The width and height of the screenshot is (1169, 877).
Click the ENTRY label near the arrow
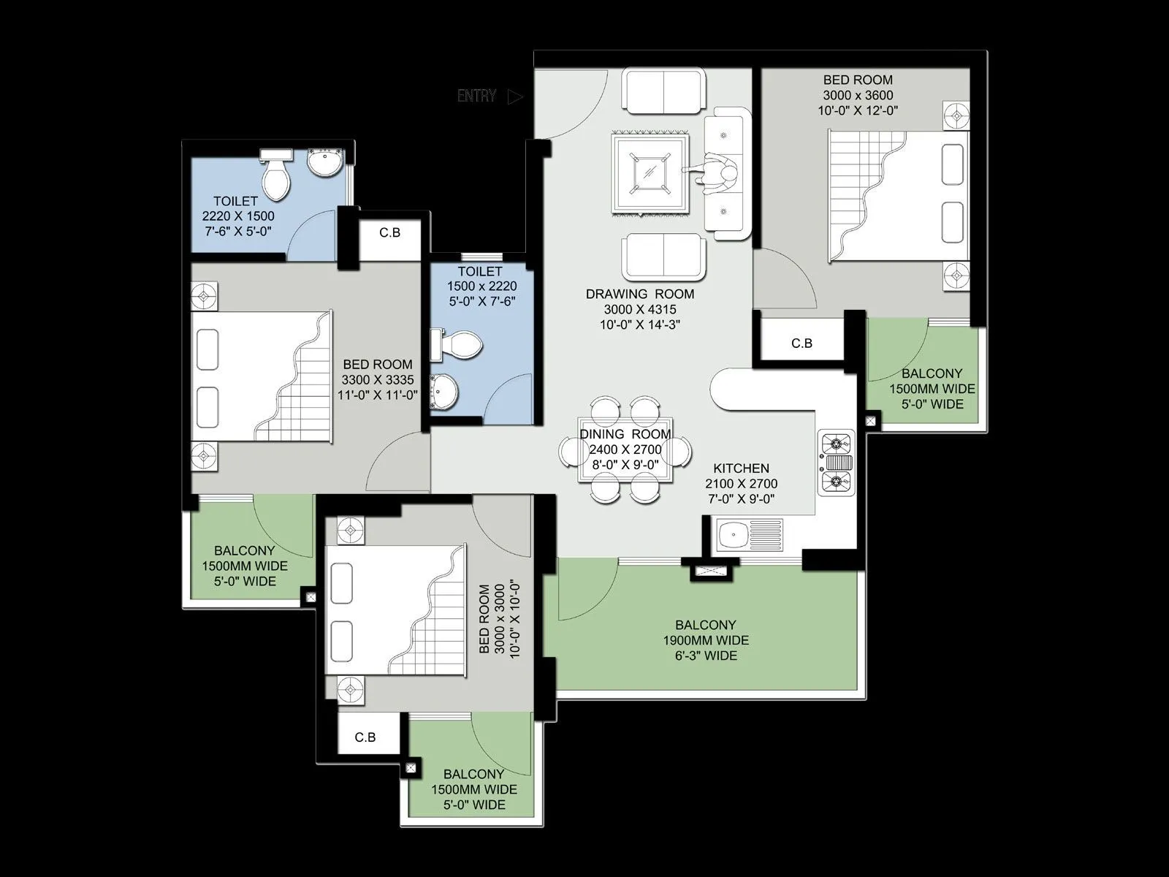point(476,96)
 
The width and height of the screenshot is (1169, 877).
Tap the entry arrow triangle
point(516,96)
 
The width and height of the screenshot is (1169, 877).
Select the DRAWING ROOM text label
point(640,294)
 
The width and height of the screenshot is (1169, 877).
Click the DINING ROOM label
point(625,434)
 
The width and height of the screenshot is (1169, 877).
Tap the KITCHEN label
point(741,468)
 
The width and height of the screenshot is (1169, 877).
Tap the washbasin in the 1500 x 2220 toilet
point(444,391)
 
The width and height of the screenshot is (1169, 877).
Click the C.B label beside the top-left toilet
point(389,232)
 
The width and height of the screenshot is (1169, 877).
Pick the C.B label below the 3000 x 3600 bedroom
point(801,343)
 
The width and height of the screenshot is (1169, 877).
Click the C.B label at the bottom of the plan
point(365,737)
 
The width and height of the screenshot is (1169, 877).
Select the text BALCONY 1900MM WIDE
point(705,633)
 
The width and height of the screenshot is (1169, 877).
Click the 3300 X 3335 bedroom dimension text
point(378,379)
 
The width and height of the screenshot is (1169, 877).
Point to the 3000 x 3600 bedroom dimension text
point(858,95)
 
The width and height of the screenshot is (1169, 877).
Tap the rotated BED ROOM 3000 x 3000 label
point(500,619)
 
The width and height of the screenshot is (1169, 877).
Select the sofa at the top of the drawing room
point(664,91)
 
